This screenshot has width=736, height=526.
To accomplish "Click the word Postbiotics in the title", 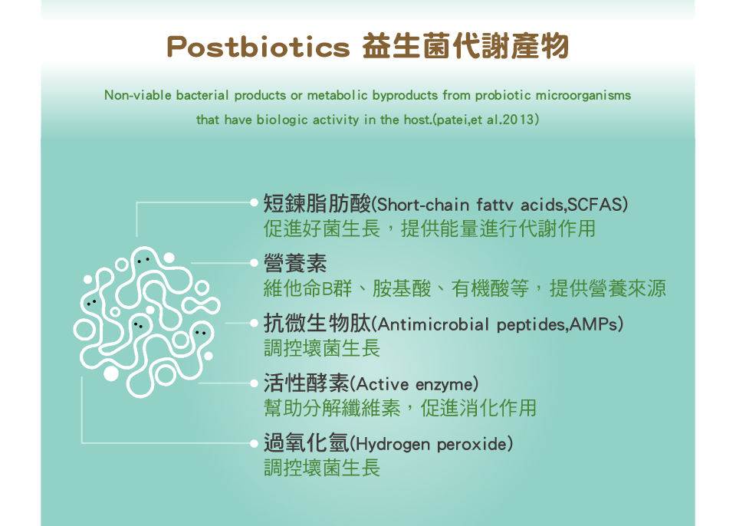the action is pos(258,47).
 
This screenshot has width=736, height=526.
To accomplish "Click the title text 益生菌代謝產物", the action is pos(465,47).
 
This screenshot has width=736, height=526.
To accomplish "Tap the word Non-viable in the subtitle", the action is pos(137,95).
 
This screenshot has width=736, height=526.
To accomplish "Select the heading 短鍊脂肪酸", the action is pos(317,204).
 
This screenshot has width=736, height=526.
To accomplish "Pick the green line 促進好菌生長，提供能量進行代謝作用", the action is pos(429,228).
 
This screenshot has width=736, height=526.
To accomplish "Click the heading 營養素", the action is pos(294,263).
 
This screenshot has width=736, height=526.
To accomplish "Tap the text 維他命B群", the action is pos(307,288).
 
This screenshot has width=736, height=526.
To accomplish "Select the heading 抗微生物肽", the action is pos(317,323).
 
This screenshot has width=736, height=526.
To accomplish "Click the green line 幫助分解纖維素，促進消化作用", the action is pos(400,408).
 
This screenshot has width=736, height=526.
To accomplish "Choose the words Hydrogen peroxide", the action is pos(432,444).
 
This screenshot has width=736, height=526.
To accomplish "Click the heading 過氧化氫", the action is pos(306,443).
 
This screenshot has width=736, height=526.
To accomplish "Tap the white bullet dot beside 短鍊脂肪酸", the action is pos(254,203).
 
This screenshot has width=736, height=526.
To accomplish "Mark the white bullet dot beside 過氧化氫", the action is pos(254,443).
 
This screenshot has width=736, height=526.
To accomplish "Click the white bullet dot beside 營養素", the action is pos(254,263).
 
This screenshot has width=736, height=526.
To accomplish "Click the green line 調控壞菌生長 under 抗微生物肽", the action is pos(321,348).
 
